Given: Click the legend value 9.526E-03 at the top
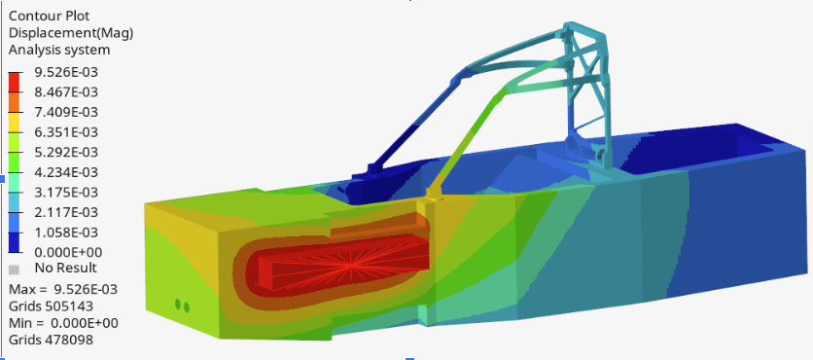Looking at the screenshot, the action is (66, 72).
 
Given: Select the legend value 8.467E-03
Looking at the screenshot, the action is (66, 91).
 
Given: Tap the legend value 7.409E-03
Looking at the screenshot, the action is (66, 112).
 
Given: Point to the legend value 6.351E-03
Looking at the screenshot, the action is (66, 132).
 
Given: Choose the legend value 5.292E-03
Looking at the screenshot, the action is (66, 152).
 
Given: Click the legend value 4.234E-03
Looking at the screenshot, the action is (66, 172).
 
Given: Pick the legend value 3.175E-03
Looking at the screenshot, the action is (66, 192).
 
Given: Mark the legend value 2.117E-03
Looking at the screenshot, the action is (66, 212).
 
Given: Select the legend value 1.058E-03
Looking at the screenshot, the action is (66, 232).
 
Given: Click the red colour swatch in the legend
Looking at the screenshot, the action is (15, 82).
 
